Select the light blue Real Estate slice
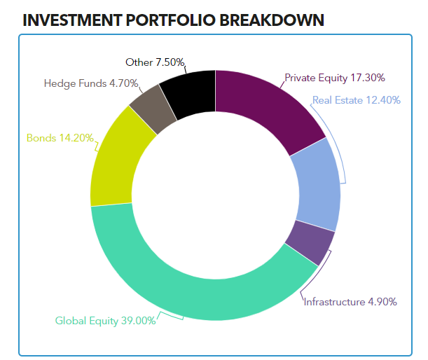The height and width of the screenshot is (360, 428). click(316, 185)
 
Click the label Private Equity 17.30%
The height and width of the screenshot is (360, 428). click(335, 78)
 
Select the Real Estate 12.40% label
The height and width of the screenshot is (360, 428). click(357, 100)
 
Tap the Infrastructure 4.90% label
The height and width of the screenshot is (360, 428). click(350, 302)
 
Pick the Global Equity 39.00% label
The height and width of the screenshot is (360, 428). click(105, 321)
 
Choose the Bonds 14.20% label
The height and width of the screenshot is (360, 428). click(60, 137)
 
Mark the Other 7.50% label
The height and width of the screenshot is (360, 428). click(152, 62)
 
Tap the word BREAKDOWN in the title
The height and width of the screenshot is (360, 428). click(272, 20)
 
